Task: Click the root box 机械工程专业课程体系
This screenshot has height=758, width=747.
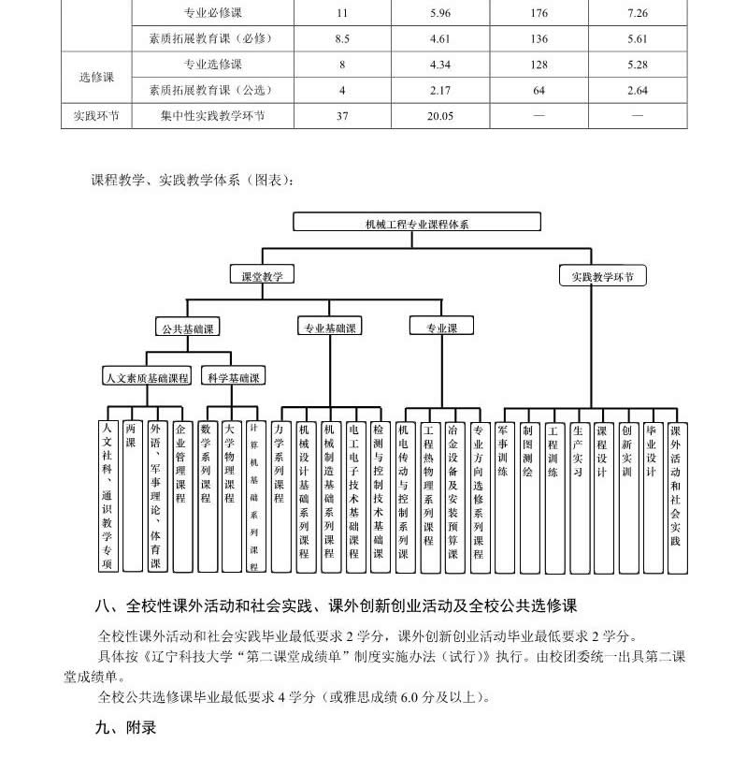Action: [417, 223]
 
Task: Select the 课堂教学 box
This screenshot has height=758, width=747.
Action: [263, 276]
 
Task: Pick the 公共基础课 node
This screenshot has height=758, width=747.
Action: [189, 328]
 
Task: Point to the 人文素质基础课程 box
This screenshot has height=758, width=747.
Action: [147, 377]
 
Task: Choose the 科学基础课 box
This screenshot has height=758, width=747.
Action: [234, 377]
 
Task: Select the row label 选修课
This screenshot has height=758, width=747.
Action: [95, 78]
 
